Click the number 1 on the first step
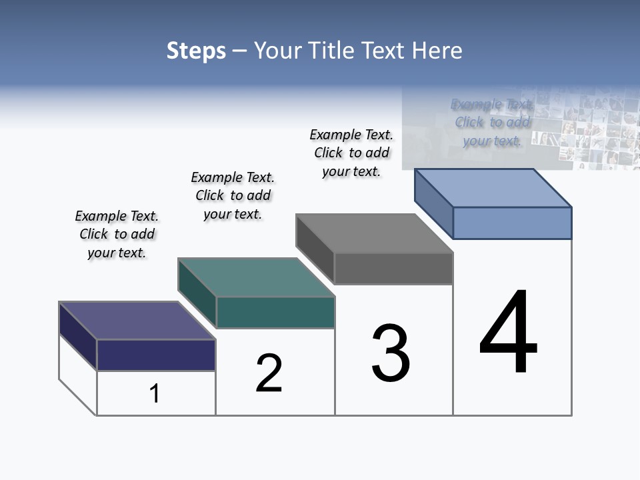155,393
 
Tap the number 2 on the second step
269,373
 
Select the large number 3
391,353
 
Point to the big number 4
509,332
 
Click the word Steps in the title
196,51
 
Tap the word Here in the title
437,51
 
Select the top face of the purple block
137,321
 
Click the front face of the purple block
156,355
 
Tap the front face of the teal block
275,312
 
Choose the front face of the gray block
393,268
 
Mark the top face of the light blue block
493,188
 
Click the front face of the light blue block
512,223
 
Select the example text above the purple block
117,234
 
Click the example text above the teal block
233,195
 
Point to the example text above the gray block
351,153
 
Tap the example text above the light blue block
492,122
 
